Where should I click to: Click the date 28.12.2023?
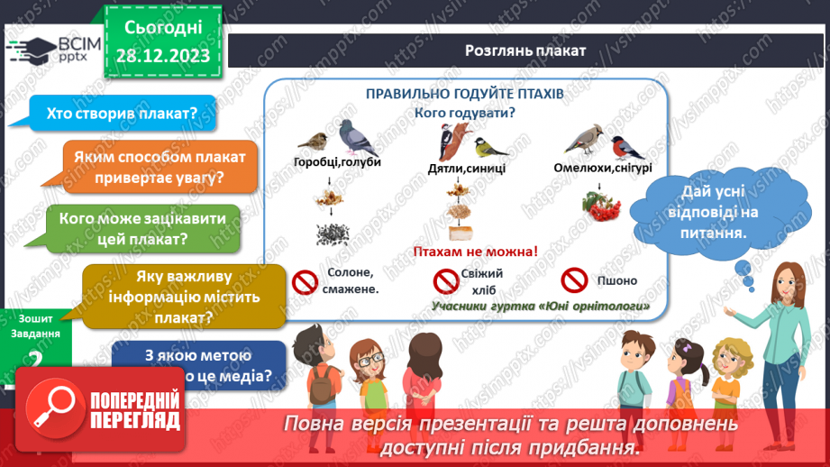(163, 56)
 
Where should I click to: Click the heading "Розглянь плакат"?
(525, 51)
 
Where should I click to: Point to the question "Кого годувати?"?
(464, 113)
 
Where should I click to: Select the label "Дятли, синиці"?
(467, 168)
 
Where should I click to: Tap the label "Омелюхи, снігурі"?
(608, 168)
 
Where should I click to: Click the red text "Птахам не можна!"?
(474, 252)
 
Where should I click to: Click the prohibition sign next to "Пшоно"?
(574, 279)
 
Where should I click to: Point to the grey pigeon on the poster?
(358, 138)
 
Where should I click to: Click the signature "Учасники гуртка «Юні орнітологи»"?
(541, 306)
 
